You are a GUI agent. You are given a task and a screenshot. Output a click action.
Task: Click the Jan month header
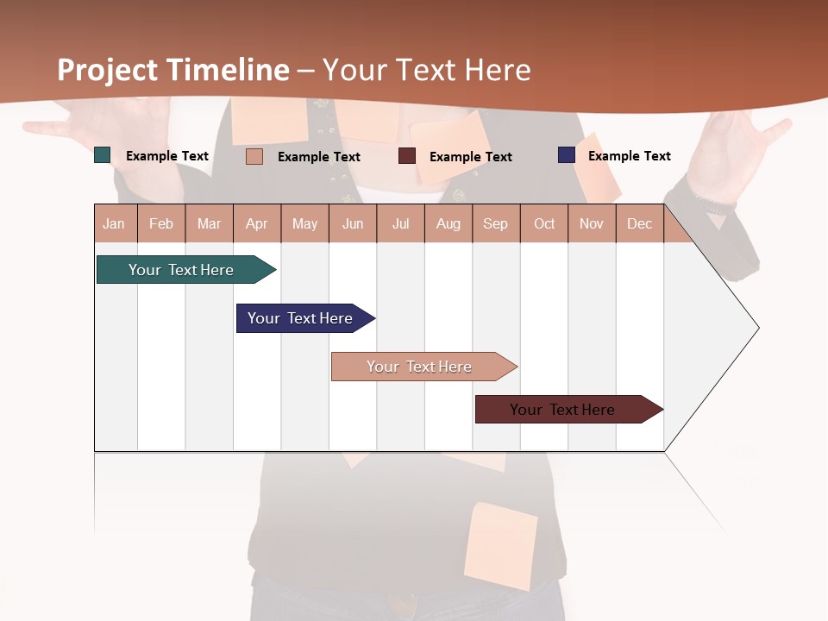(114, 223)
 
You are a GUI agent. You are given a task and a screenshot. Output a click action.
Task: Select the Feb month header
(161, 223)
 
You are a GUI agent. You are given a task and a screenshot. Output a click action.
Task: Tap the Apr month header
(257, 223)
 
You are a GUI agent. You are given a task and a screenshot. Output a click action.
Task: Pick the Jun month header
(353, 223)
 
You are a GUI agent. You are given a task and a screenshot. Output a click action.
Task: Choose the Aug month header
(448, 223)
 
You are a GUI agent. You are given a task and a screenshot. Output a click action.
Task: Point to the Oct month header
(544, 223)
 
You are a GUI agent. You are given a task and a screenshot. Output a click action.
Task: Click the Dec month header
(640, 223)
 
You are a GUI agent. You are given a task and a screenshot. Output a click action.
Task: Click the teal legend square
(103, 155)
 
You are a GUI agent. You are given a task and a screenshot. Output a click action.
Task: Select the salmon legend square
(254, 156)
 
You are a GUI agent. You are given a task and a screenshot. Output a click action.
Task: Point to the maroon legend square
(407, 156)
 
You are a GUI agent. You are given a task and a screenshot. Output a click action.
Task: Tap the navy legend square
(567, 155)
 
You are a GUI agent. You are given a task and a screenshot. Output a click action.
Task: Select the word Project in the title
(109, 70)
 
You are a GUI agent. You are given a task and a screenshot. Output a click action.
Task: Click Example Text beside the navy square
(629, 155)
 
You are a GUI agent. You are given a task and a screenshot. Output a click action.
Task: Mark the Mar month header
(210, 223)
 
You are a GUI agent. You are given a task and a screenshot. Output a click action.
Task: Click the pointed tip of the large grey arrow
(757, 328)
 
